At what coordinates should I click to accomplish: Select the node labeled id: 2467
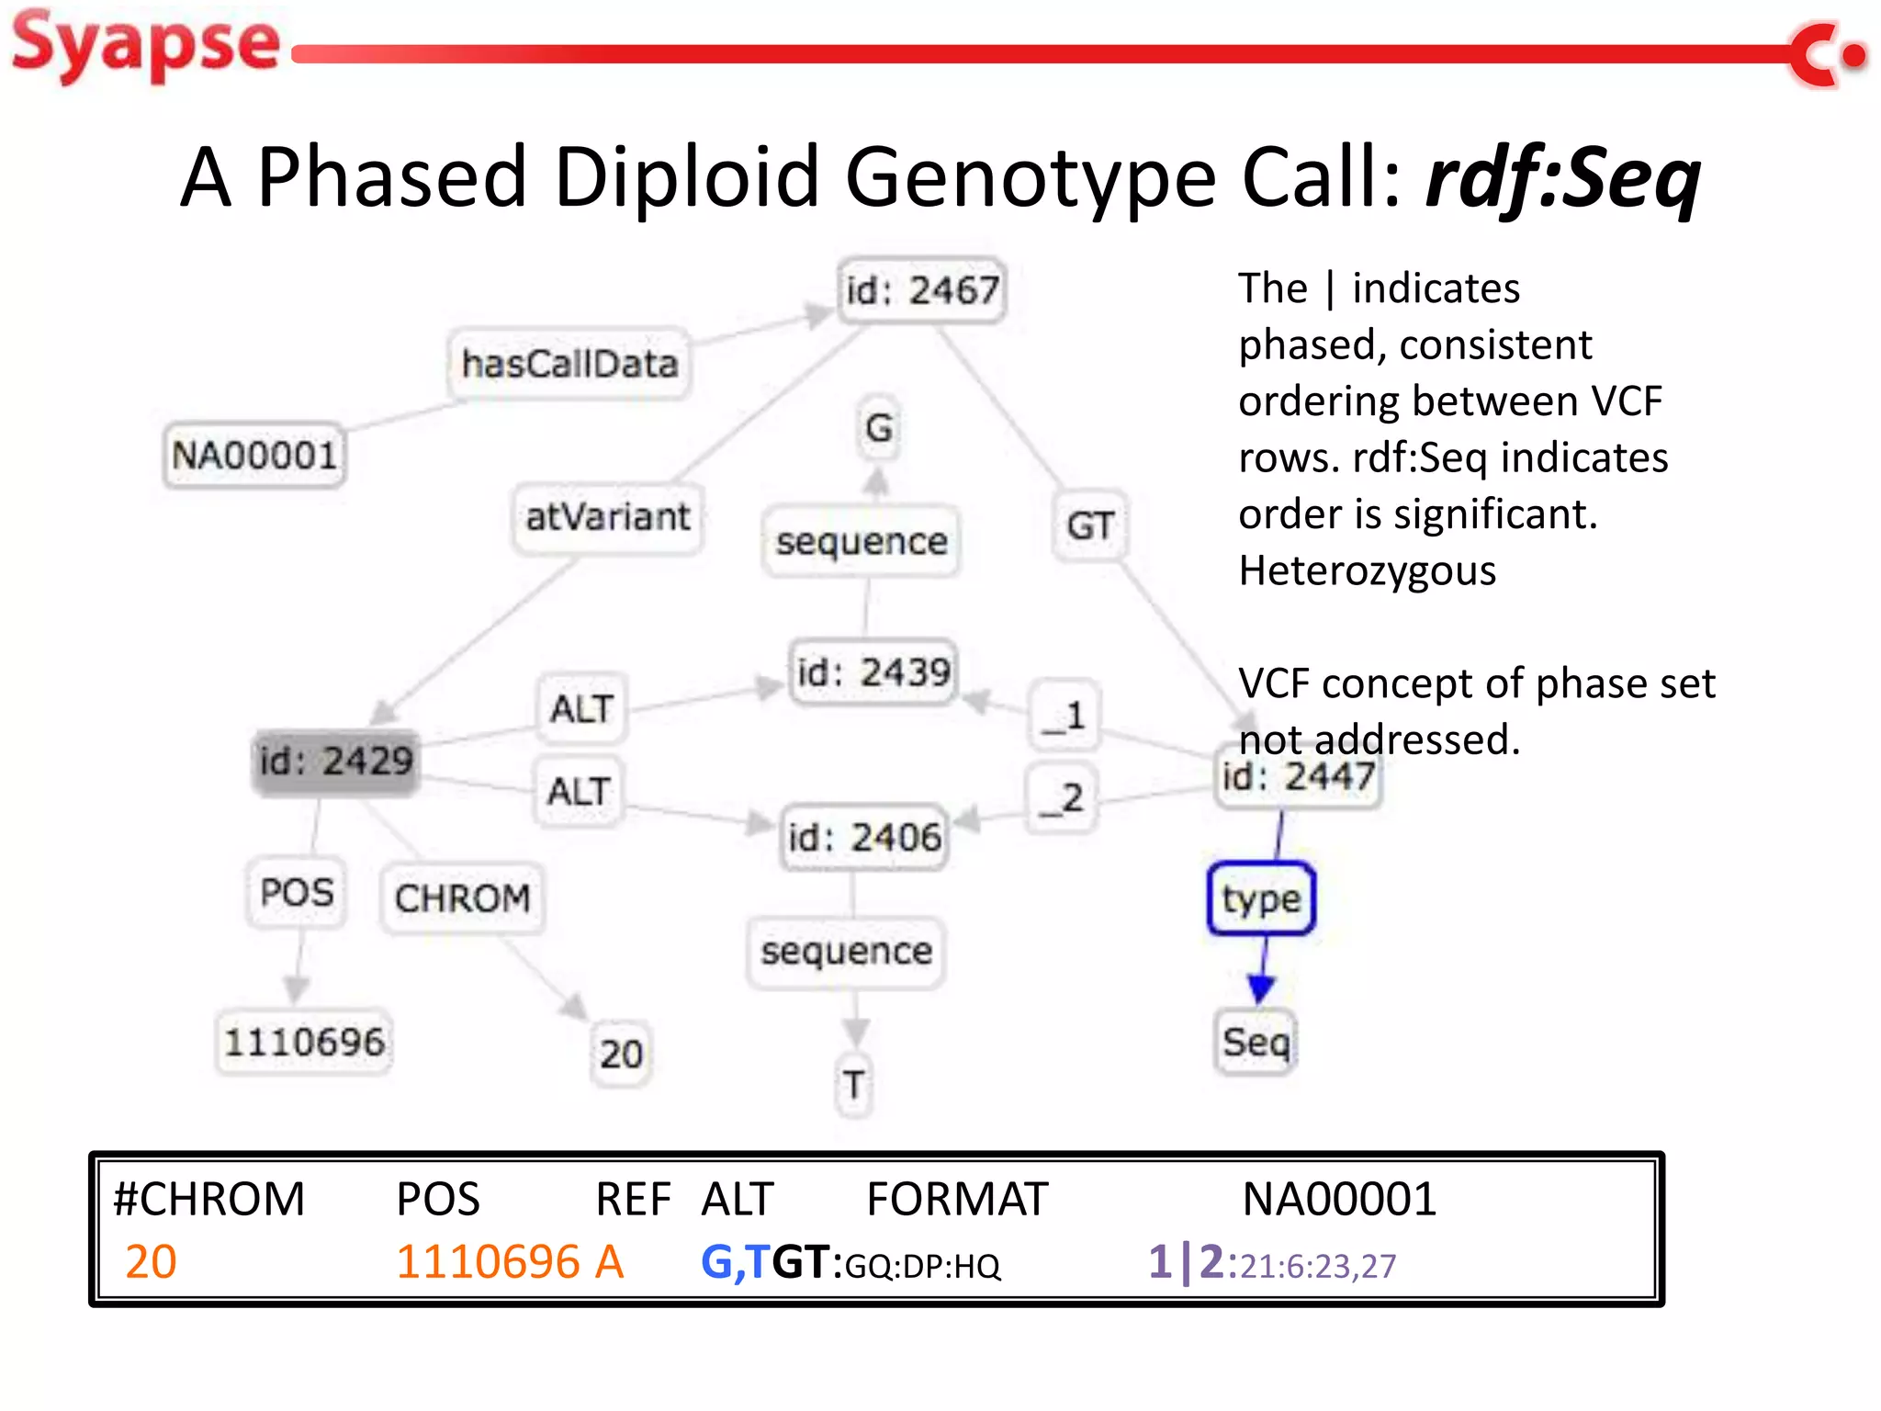(921, 290)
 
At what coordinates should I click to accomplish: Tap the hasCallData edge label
(569, 364)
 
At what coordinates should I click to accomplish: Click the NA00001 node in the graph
(253, 455)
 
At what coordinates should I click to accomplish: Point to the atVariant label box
(607, 517)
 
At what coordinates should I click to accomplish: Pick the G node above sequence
(878, 427)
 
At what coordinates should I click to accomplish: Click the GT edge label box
(1089, 525)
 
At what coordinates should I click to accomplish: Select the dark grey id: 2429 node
(336, 762)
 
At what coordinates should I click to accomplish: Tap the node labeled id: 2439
(873, 672)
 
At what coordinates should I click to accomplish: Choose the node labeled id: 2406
(863, 837)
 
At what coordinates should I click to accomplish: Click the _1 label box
(1064, 716)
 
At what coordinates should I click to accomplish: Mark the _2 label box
(1062, 797)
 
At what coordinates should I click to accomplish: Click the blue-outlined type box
(1261, 898)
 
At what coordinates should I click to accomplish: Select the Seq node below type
(1256, 1042)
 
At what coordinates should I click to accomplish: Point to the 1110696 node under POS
(304, 1042)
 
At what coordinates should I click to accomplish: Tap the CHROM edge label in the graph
(462, 897)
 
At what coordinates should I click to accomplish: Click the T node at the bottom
(854, 1085)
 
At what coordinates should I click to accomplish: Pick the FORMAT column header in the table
(956, 1199)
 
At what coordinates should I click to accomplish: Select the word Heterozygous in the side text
(1367, 570)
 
